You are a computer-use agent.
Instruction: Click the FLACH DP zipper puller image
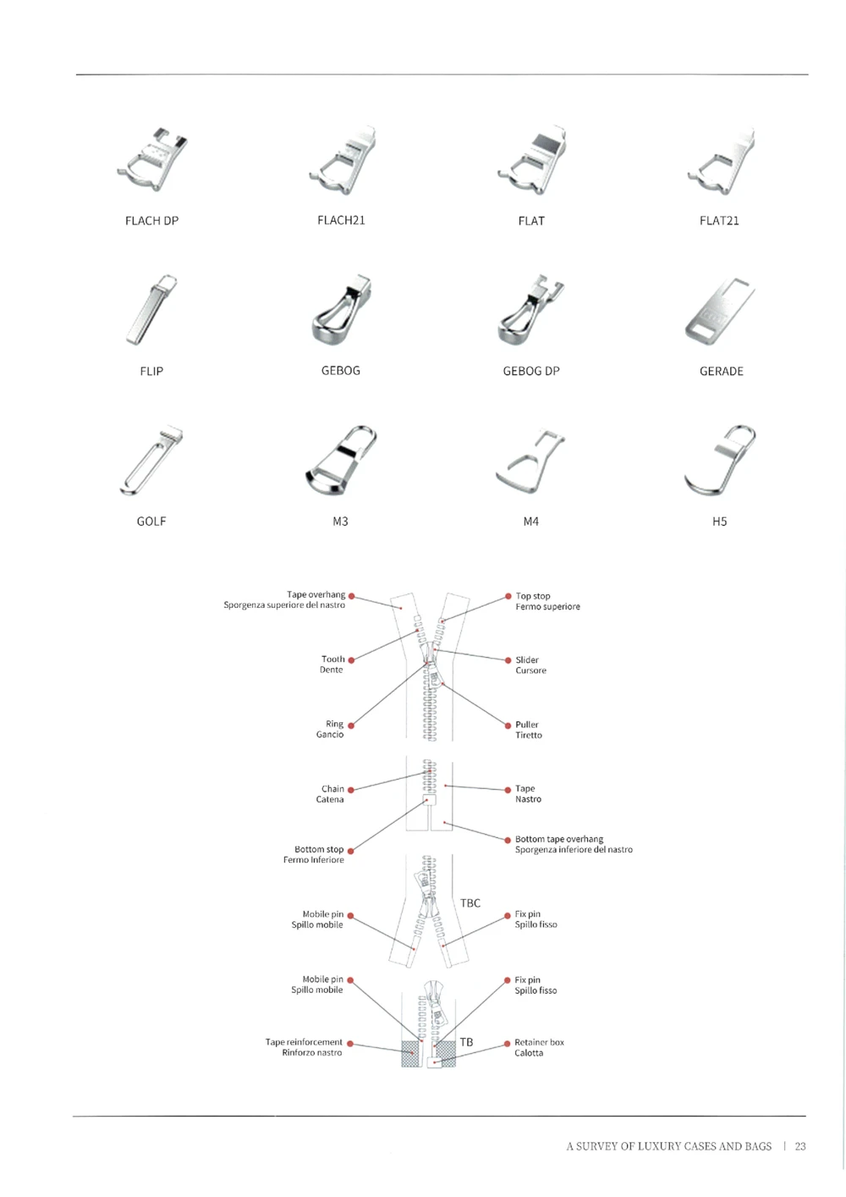[153, 161]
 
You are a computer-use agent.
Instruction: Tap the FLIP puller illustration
[151, 310]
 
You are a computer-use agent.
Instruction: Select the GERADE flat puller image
[719, 311]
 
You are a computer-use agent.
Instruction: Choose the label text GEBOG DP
[531, 371]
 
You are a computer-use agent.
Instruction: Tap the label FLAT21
[719, 221]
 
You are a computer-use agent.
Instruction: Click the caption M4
[531, 521]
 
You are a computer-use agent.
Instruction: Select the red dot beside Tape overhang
[352, 596]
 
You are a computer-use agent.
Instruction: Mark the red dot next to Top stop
[508, 596]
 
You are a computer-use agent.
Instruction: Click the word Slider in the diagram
[527, 659]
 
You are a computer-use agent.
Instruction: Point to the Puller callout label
[527, 725]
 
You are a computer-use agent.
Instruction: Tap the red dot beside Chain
[351, 790]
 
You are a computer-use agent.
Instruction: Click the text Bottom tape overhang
[559, 839]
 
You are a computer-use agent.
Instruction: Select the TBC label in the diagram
[470, 903]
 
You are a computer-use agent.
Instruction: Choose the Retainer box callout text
[539, 1042]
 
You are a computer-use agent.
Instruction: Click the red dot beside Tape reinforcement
[350, 1044]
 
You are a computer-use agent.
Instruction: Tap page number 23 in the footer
[800, 1146]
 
